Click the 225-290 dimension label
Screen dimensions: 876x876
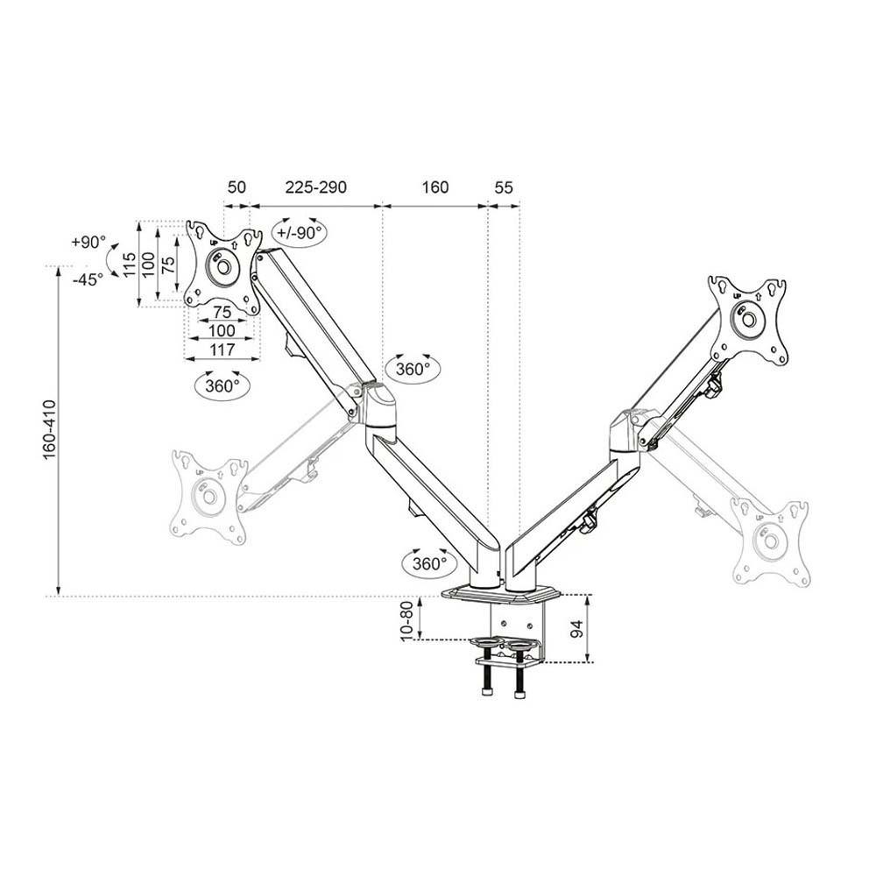[314, 187]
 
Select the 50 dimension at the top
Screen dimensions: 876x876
[237, 187]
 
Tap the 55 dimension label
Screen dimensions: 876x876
[503, 187]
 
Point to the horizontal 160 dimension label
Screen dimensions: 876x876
[434, 187]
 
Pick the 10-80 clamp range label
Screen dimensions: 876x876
[406, 620]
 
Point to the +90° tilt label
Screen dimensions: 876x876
[88, 242]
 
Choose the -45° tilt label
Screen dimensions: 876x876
[88, 278]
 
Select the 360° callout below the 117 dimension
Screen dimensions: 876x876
[223, 385]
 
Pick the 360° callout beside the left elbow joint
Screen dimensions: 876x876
[413, 369]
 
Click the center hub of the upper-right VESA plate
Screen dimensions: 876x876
[750, 320]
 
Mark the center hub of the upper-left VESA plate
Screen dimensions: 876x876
[223, 265]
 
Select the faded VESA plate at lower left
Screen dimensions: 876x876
[208, 495]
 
